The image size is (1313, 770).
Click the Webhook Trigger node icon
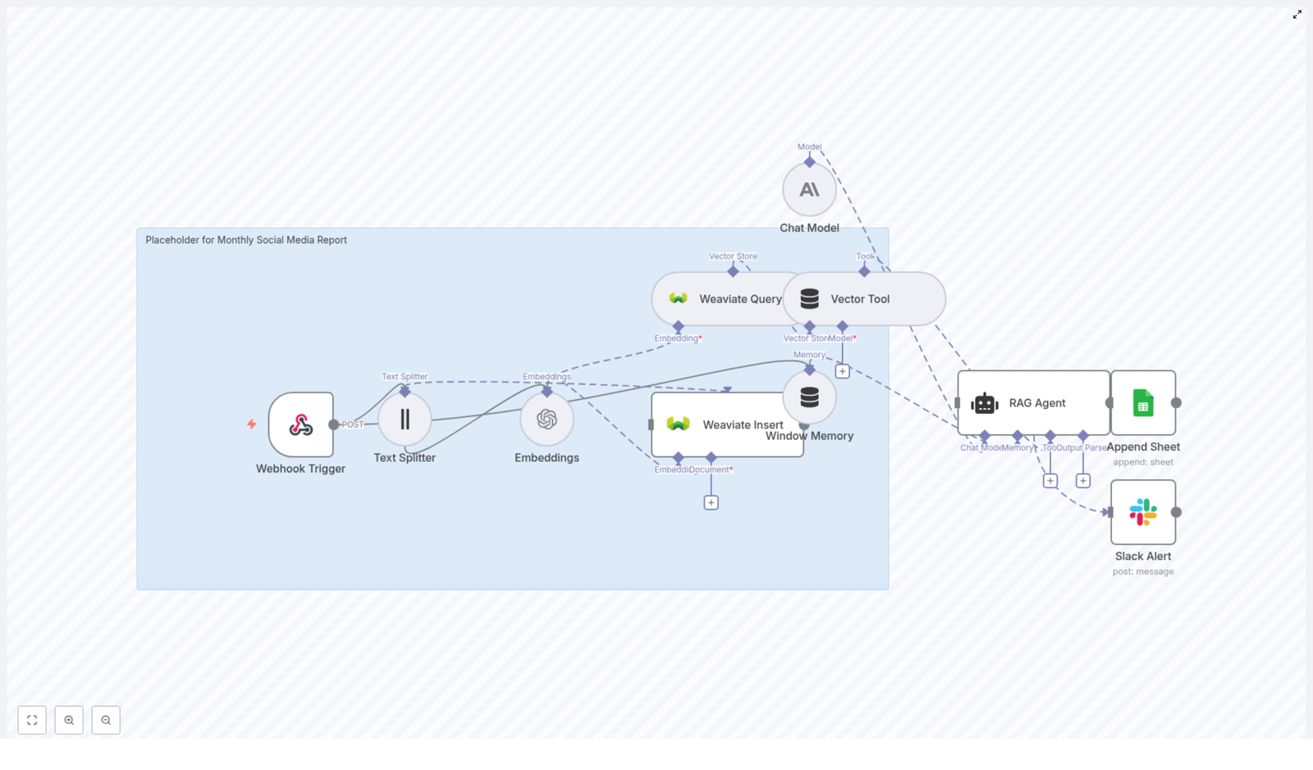tap(300, 424)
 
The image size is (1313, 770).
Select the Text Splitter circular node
tap(405, 419)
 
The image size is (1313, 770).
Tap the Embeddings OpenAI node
tap(547, 419)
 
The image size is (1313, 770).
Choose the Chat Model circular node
tap(809, 190)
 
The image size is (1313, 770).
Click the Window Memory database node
tap(809, 397)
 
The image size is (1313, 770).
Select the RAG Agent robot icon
tap(984, 403)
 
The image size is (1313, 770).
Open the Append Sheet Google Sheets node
tap(1142, 403)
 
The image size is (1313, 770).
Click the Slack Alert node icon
tap(1142, 512)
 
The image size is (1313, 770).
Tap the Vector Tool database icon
tap(809, 299)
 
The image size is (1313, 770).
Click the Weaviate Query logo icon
tap(678, 299)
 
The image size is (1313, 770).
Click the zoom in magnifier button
tap(69, 720)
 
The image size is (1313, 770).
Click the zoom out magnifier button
tap(106, 720)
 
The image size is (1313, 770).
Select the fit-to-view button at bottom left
tap(32, 720)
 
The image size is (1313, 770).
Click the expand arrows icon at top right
tap(1297, 15)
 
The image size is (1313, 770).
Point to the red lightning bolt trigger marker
tap(252, 424)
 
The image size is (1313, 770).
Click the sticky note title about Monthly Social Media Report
tap(246, 240)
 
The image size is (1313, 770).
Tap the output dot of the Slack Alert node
tap(1176, 512)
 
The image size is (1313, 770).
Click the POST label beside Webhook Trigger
tap(352, 424)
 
